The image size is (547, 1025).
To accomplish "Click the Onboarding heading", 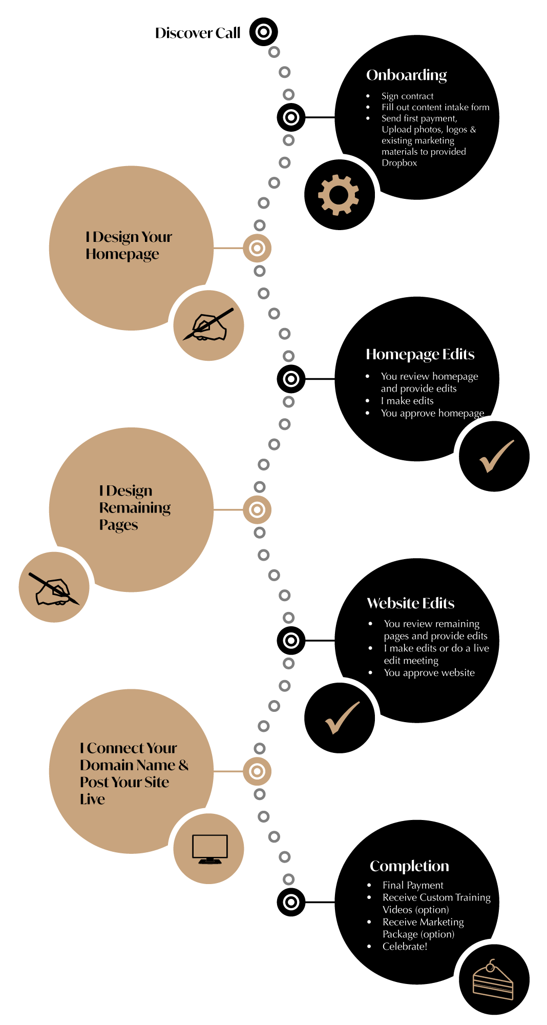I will pyautogui.click(x=406, y=75).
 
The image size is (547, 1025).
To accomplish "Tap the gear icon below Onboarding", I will pyautogui.click(x=339, y=195).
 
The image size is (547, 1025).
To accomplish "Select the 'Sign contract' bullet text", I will pyautogui.click(x=407, y=96).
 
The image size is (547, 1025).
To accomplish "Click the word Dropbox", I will pyautogui.click(x=399, y=163).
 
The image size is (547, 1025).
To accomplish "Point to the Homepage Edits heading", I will pyautogui.click(x=420, y=354).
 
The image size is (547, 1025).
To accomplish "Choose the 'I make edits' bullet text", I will pyautogui.click(x=407, y=401).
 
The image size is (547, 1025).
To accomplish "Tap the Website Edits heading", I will pyautogui.click(x=410, y=603).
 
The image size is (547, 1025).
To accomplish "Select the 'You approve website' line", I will pyautogui.click(x=429, y=673).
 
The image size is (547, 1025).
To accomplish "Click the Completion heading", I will pyautogui.click(x=409, y=866).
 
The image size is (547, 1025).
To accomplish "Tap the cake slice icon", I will pyautogui.click(x=493, y=980).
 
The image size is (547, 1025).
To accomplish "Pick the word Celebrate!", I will pyautogui.click(x=405, y=947).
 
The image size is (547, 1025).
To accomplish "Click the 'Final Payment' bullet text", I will pyautogui.click(x=413, y=885).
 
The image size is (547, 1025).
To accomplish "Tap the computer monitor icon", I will pyautogui.click(x=209, y=849).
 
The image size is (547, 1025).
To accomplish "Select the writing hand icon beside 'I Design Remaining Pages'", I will pyautogui.click(x=54, y=588).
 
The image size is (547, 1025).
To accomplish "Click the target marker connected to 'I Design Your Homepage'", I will pyautogui.click(x=257, y=249).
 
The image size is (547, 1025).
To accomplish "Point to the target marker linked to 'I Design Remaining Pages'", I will pyautogui.click(x=257, y=510).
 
